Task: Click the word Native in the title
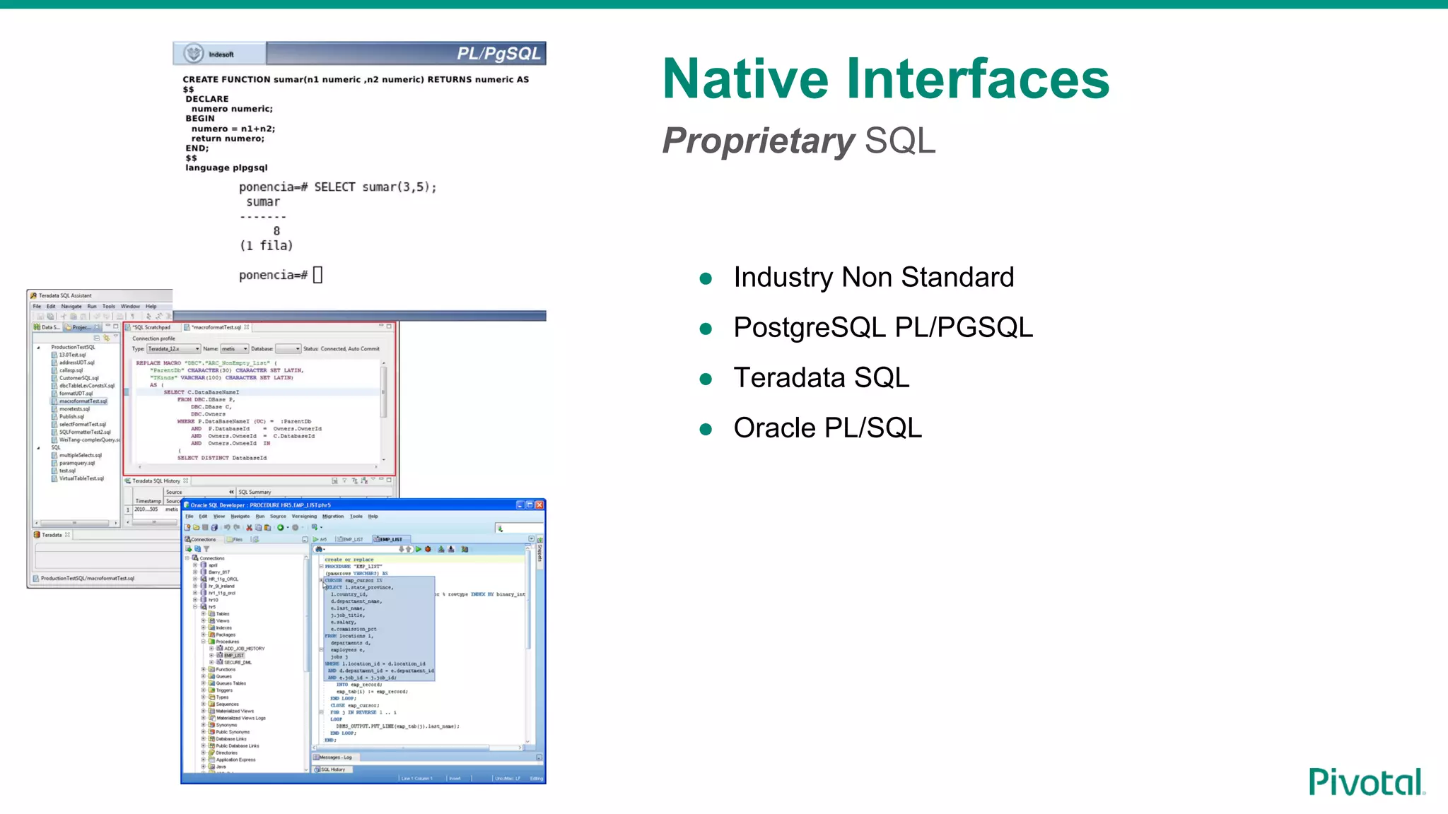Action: coord(745,78)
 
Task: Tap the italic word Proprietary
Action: coord(758,141)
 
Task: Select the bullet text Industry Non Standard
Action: coord(873,277)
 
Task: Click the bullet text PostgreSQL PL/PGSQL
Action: coord(883,327)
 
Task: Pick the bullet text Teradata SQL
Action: coord(822,377)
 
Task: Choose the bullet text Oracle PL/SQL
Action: coord(827,427)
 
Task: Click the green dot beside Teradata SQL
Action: coord(705,379)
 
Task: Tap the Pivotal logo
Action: coord(1366,781)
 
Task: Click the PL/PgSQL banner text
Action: coord(498,54)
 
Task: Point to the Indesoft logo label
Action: coord(221,54)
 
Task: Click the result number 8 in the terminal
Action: coord(276,231)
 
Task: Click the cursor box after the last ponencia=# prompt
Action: coord(317,275)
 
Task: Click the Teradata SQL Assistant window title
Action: coord(65,295)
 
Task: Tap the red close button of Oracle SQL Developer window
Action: coord(539,505)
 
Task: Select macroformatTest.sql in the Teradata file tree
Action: coord(83,401)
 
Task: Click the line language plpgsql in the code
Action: coord(226,167)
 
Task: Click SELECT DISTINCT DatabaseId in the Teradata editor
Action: coord(222,458)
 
